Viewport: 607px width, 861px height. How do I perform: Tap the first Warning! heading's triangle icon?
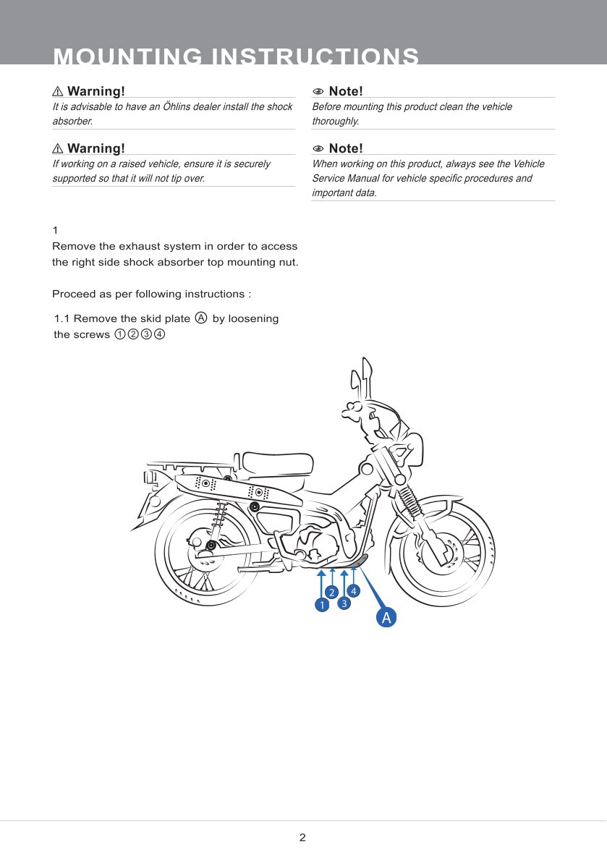58,92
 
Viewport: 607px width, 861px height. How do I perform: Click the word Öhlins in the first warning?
180,106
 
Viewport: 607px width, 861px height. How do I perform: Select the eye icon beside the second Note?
318,149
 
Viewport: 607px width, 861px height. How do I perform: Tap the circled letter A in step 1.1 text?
201,318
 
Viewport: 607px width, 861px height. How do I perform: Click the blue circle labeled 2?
331,593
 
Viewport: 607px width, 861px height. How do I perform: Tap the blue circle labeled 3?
344,603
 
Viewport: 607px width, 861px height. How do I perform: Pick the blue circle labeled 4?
354,590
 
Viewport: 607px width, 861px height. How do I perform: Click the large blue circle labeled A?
386,617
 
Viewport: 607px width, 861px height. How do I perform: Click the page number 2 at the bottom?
302,838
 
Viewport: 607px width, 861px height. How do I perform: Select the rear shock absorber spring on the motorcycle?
218,516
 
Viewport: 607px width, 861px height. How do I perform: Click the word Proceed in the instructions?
75,294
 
